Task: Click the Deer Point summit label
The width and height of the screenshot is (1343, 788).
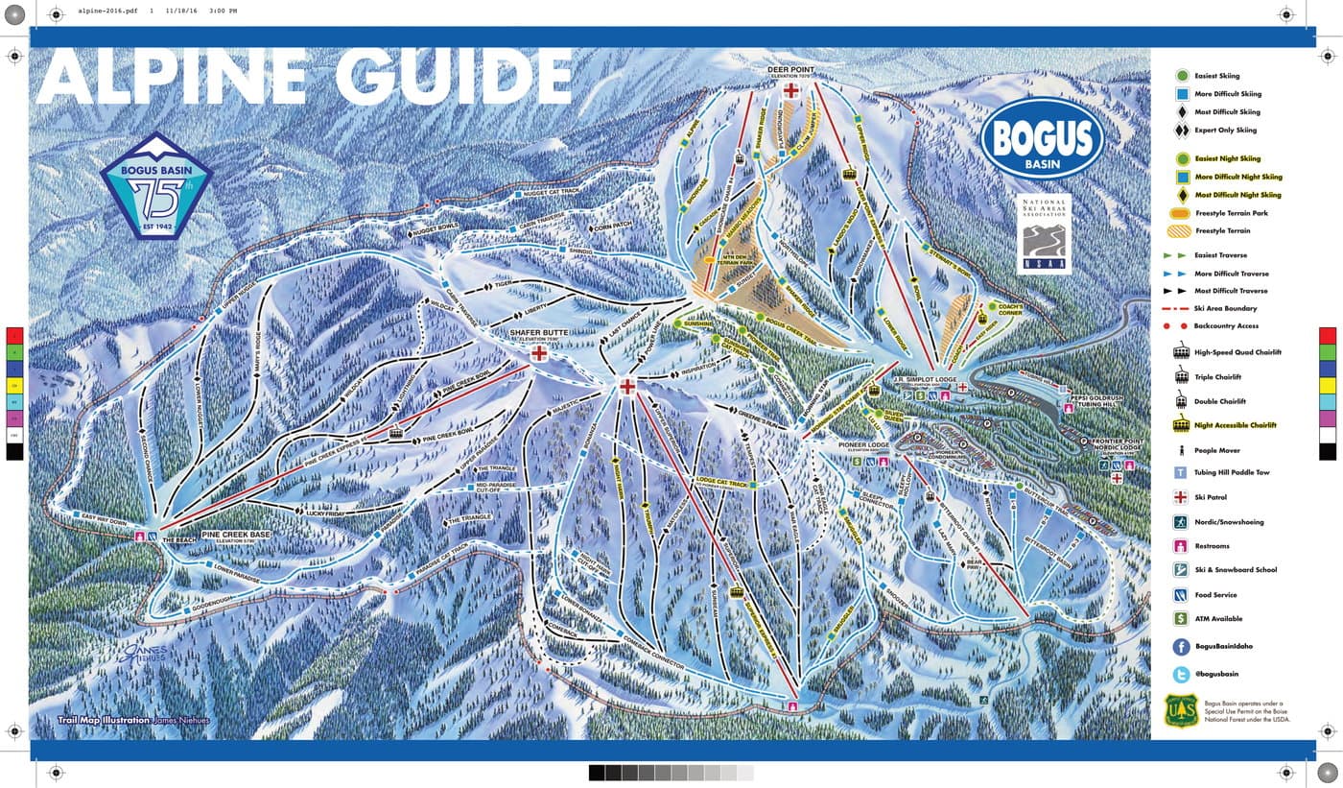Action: click(x=791, y=71)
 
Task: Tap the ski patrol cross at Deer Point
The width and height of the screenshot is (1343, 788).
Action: click(x=791, y=91)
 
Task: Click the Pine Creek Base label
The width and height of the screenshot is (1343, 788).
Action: click(x=234, y=535)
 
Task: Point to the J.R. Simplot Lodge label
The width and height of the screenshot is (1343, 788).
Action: click(x=926, y=380)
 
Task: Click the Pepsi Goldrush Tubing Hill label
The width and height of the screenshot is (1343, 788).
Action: click(x=1106, y=397)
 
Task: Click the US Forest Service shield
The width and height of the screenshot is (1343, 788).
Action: click(x=1181, y=710)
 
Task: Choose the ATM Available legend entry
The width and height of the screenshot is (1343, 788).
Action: click(x=1218, y=619)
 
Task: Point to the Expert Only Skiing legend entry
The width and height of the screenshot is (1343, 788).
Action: click(x=1225, y=131)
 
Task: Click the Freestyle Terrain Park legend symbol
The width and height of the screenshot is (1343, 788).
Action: click(x=1182, y=213)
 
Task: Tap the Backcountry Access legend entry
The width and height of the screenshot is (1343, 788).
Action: click(x=1225, y=326)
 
